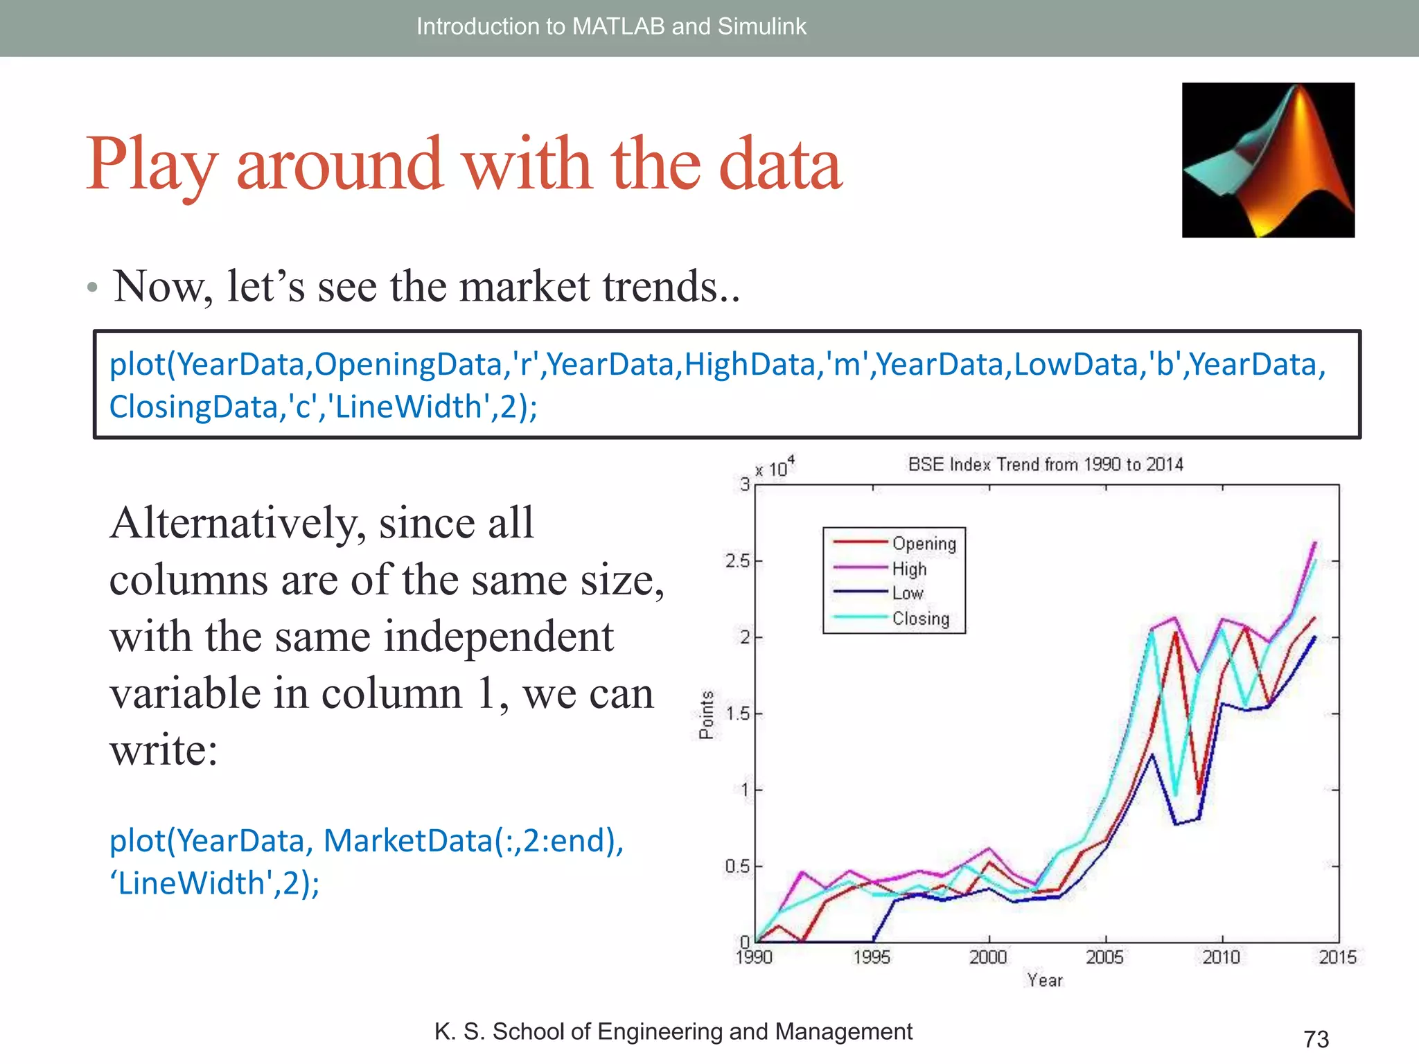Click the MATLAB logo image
tap(1268, 160)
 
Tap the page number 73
tap(1316, 1039)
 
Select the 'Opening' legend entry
tap(924, 544)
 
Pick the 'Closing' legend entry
tap(920, 619)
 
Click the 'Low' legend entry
tap(907, 594)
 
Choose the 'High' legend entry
tap(909, 569)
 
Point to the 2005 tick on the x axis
tap(1104, 957)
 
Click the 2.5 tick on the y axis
tap(739, 561)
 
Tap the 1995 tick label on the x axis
tap(872, 957)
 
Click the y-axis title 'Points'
tap(706, 715)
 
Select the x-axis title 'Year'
tap(1045, 980)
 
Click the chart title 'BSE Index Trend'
tap(1045, 464)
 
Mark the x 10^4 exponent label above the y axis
tap(775, 468)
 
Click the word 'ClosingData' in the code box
tap(193, 407)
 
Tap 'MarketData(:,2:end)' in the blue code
tap(473, 841)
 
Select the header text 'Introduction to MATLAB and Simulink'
tap(611, 26)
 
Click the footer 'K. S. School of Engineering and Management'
tap(673, 1031)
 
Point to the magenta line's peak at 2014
tap(1314, 542)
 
